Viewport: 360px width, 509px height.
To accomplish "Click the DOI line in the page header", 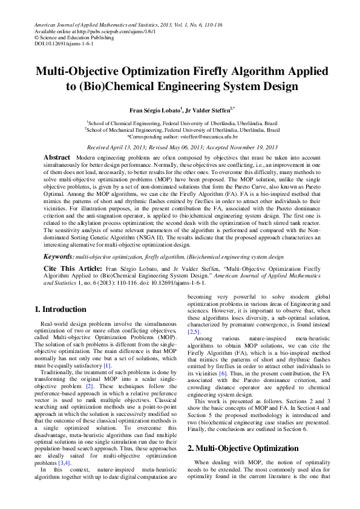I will click(56, 44).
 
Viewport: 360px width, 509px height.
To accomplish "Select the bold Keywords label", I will click(58, 257).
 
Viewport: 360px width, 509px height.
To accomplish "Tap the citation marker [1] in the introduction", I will click(107, 366).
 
